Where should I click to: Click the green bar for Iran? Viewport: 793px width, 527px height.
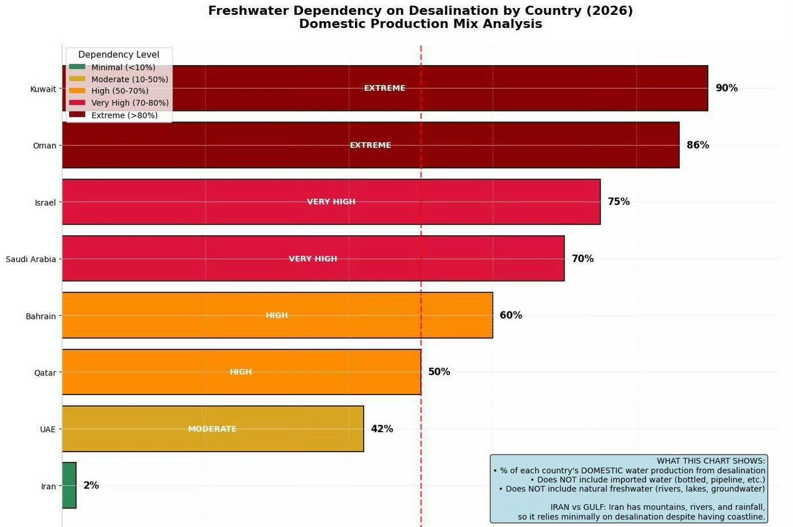(x=69, y=485)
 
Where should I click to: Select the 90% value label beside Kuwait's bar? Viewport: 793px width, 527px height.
(x=727, y=88)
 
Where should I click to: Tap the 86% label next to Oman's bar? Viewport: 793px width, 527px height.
(x=698, y=145)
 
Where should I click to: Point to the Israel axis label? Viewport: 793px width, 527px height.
(x=45, y=203)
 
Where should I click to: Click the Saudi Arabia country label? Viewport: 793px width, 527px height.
(x=31, y=259)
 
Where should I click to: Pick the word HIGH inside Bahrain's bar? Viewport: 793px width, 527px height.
(x=277, y=315)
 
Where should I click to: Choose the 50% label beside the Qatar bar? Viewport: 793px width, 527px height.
(x=439, y=372)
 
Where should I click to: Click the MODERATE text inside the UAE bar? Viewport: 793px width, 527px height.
(x=212, y=429)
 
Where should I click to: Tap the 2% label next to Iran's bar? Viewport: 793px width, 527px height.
(x=91, y=486)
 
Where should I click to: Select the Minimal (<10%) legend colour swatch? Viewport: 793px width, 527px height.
(x=77, y=67)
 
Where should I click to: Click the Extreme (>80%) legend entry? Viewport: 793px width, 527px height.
(x=125, y=115)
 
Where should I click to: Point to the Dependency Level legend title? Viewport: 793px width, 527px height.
(x=119, y=54)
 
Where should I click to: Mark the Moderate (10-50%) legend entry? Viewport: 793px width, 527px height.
(x=129, y=79)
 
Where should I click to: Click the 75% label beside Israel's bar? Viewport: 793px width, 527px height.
(x=618, y=201)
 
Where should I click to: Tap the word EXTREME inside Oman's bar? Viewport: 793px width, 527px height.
(x=370, y=145)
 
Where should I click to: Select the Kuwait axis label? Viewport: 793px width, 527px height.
(x=43, y=89)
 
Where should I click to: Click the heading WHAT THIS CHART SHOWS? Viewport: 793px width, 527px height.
(x=711, y=461)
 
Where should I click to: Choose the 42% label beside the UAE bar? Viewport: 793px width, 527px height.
(x=382, y=429)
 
